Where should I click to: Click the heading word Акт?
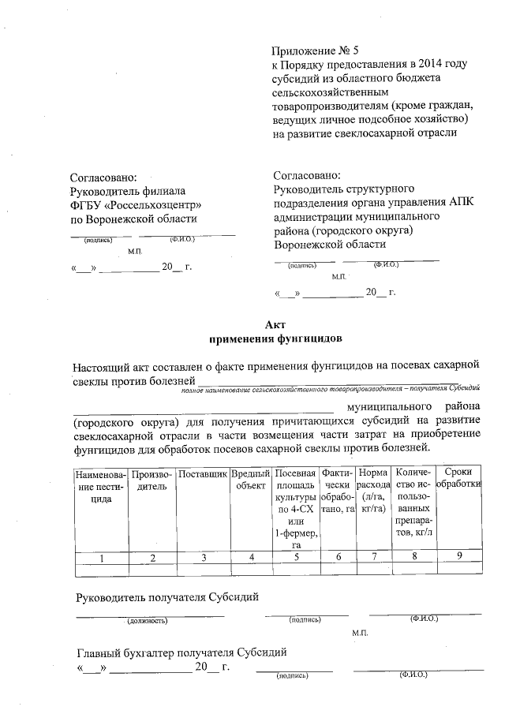tap(275, 324)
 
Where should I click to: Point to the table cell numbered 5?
tap(297, 558)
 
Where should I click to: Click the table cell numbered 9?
tap(458, 558)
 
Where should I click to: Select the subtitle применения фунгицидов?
tap(275, 339)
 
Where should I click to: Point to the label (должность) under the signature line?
tap(148, 621)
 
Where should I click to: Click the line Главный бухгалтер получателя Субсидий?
tap(181, 652)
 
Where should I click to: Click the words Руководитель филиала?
tap(127, 190)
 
